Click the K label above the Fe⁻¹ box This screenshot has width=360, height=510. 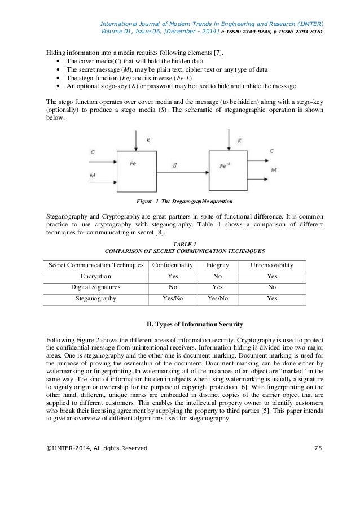point(240,138)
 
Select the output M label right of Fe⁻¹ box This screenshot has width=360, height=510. point(274,169)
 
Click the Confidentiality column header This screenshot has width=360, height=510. point(169,265)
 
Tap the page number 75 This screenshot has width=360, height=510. point(317,448)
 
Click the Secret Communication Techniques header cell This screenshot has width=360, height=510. point(95,265)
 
